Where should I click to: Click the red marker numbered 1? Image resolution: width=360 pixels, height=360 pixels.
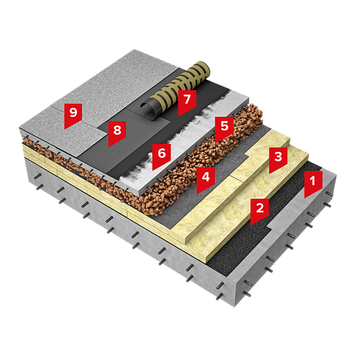point(313,182)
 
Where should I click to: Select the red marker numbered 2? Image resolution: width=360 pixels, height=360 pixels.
point(259,210)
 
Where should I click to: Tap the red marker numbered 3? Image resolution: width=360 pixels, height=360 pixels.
point(278,158)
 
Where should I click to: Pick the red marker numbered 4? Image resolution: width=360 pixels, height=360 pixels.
point(206,179)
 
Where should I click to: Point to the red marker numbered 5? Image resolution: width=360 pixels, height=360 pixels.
point(224,127)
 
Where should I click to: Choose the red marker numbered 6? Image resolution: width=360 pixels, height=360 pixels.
point(161,156)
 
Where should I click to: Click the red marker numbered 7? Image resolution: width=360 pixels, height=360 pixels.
point(187,102)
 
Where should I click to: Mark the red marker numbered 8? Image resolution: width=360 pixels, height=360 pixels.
point(117,132)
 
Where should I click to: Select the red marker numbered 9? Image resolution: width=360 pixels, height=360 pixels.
point(73,114)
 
